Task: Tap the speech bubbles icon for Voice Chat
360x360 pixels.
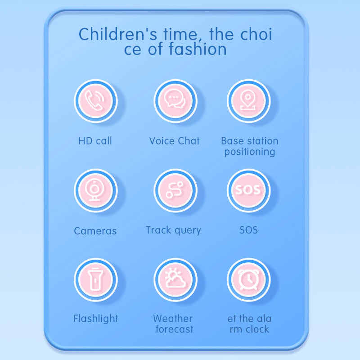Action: [x=175, y=101]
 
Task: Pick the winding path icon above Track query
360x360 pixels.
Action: [x=175, y=190]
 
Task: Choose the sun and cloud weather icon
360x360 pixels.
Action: [x=175, y=279]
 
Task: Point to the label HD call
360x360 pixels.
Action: [x=95, y=141]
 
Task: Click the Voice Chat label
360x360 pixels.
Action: [x=174, y=141]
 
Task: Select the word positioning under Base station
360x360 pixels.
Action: [x=249, y=152]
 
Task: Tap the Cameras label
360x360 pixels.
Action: [x=95, y=231]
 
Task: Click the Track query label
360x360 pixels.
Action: [x=173, y=230]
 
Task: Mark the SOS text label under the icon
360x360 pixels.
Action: [x=248, y=230]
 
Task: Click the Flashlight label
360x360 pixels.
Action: [x=96, y=319]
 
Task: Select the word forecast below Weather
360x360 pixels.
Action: [x=174, y=329]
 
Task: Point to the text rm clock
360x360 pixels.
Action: [x=249, y=329]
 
